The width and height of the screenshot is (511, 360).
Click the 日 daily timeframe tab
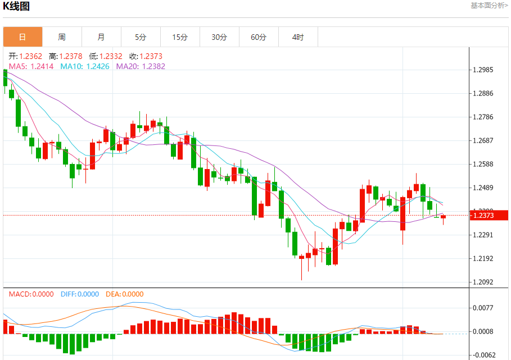tap(22, 37)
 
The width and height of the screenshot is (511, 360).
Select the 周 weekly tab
tap(62, 37)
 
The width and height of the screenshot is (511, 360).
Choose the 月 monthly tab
tap(101, 37)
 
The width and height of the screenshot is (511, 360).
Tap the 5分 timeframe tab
tap(141, 37)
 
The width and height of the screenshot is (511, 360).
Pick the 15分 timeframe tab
tap(180, 37)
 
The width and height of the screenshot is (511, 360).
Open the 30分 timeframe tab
tap(219, 37)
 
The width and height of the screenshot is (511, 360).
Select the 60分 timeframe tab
tap(259, 37)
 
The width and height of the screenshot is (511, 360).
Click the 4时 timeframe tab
tap(298, 37)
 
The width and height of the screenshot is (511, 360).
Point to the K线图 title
tap(17, 7)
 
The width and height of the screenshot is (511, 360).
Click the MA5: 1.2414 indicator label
tap(31, 66)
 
